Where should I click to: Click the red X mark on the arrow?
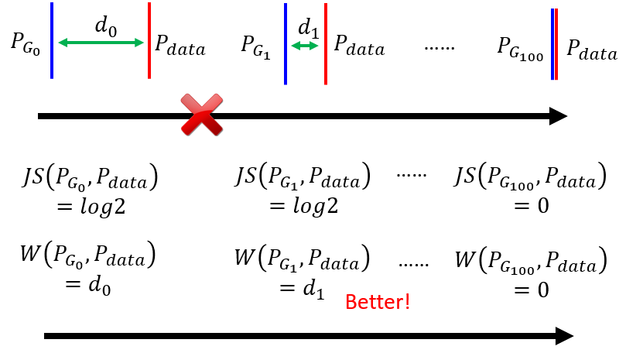click(201, 115)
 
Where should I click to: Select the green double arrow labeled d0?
click(101, 43)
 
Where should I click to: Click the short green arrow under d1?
click(305, 46)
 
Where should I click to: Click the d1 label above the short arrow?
click(308, 29)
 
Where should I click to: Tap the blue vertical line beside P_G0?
click(52, 40)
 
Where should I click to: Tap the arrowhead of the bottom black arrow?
click(564, 336)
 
